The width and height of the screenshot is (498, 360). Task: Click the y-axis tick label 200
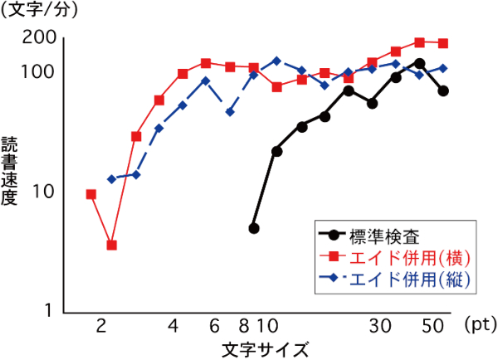point(39,37)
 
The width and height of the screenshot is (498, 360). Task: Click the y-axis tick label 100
point(39,71)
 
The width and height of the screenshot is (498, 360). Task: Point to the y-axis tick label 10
point(43,192)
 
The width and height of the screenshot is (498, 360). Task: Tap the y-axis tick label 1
point(48,310)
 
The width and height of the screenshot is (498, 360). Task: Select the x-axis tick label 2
point(101,326)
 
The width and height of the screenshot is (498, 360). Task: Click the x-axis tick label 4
point(173,326)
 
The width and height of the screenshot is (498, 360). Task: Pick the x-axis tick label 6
point(215,326)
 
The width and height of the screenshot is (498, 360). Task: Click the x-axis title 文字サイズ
point(266,348)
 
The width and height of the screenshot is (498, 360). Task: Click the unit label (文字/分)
point(37,10)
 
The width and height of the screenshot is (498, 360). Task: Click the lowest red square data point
point(112,246)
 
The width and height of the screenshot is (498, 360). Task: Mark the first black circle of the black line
point(254,228)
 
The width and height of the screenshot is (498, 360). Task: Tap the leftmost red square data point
point(91,194)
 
